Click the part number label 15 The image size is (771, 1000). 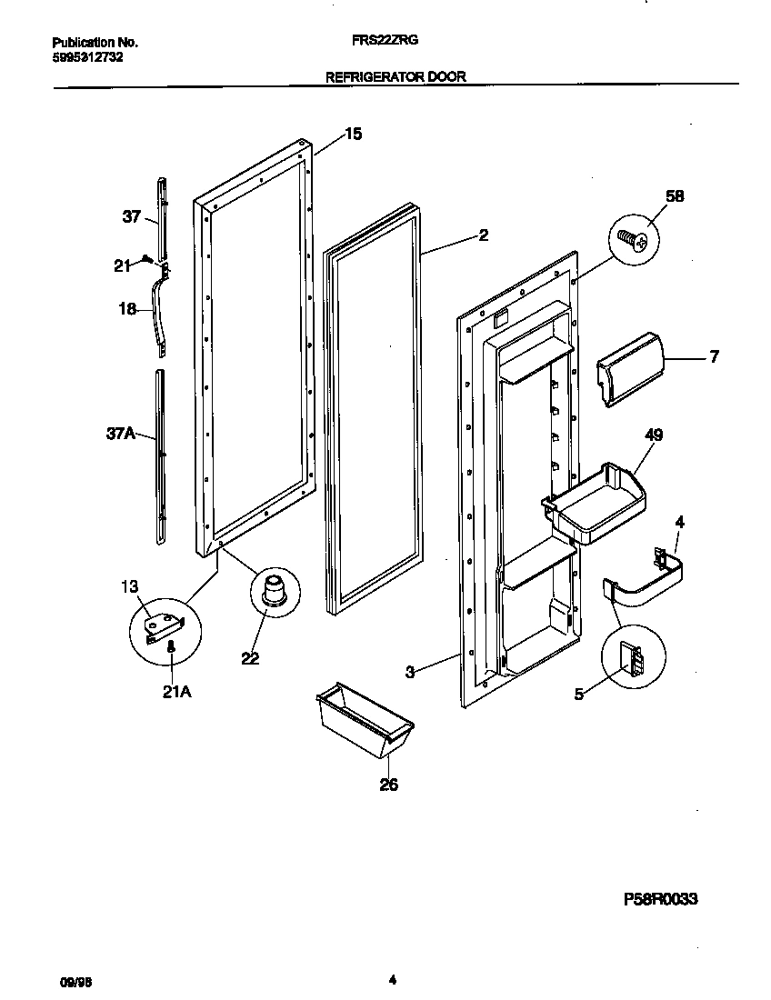tap(353, 135)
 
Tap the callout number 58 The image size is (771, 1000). tap(676, 196)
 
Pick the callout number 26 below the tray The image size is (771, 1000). tap(388, 785)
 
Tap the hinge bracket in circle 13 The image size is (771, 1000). tap(163, 625)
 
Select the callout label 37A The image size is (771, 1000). tap(120, 435)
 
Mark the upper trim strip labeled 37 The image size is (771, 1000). tap(160, 216)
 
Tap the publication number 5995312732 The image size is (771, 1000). tap(88, 56)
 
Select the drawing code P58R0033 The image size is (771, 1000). tap(660, 899)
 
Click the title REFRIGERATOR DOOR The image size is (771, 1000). tap(396, 77)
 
